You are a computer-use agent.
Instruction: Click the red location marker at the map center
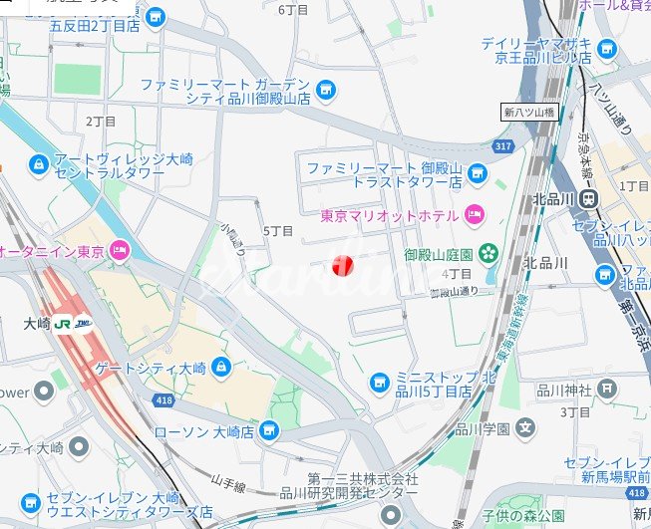pyautogui.click(x=342, y=265)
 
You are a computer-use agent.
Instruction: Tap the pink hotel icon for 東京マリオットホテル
pyautogui.click(x=474, y=214)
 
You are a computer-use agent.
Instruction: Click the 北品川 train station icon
pyautogui.click(x=591, y=198)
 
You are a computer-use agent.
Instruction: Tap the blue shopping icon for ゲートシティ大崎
pyautogui.click(x=220, y=368)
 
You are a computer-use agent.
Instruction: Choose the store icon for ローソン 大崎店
pyautogui.click(x=267, y=430)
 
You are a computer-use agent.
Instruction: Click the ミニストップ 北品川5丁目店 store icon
pyautogui.click(x=379, y=382)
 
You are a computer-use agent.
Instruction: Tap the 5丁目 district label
pyautogui.click(x=278, y=231)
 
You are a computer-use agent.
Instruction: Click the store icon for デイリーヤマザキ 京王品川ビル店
pyautogui.click(x=606, y=47)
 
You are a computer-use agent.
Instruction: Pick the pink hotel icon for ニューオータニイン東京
pyautogui.click(x=121, y=251)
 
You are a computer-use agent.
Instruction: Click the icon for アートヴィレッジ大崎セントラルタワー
pyautogui.click(x=38, y=162)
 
